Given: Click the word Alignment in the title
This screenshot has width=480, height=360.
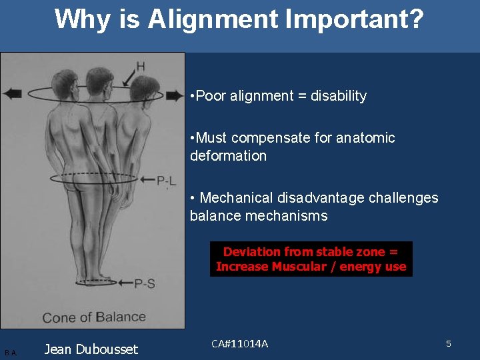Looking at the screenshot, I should click(x=214, y=20).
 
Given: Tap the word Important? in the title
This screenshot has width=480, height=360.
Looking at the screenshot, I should click(x=354, y=20).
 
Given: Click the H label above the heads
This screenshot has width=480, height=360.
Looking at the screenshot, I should click(x=140, y=66).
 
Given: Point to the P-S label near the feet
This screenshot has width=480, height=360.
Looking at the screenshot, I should click(x=145, y=283).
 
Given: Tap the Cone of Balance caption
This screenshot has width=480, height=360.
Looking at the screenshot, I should click(x=94, y=317).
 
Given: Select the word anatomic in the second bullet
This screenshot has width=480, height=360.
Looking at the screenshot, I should click(x=365, y=138).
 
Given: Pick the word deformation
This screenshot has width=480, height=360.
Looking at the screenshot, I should click(x=228, y=156).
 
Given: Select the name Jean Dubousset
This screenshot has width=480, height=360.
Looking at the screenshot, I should click(x=91, y=349).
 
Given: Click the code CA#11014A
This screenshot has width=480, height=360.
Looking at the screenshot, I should click(x=239, y=343).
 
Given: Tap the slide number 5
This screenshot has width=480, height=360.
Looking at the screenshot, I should click(x=449, y=343).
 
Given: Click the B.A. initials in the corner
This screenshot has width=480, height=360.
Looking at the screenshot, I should click(x=11, y=352).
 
